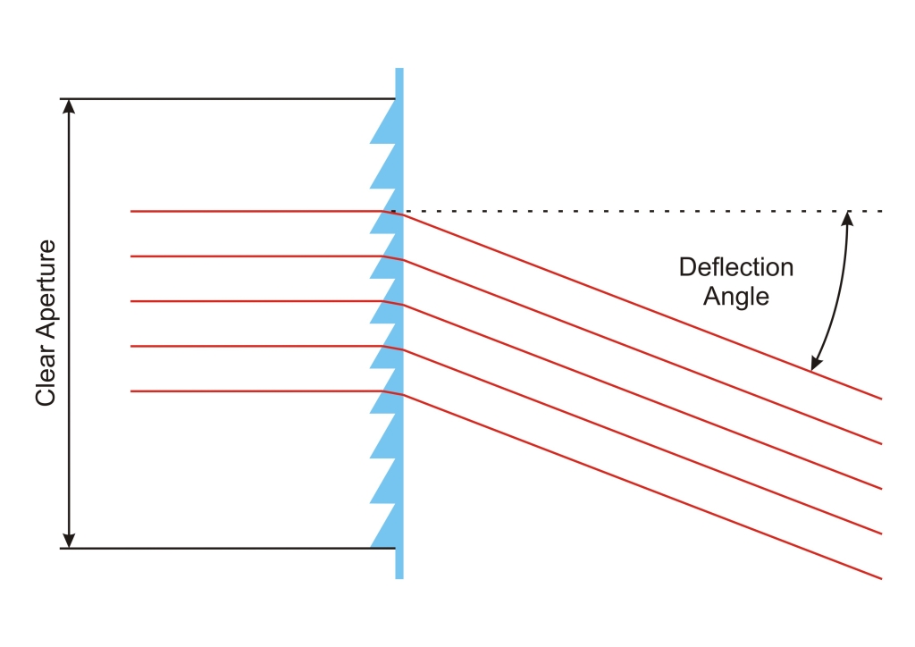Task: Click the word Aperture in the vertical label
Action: [x=46, y=295]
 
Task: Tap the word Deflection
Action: [x=735, y=266]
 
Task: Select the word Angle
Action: [x=735, y=296]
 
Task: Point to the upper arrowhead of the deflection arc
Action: [x=848, y=218]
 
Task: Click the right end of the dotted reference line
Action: [x=883, y=212]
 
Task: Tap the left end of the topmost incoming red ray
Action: [x=131, y=212]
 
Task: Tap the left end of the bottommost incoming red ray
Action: [x=131, y=391]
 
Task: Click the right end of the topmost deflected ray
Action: [x=881, y=398]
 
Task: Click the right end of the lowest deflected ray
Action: [x=881, y=578]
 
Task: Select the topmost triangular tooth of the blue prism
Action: [x=385, y=125]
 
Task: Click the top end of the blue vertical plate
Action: [x=399, y=70]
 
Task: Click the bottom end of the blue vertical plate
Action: [x=399, y=577]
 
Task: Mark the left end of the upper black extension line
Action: [x=62, y=98]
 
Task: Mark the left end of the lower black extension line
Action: [x=62, y=548]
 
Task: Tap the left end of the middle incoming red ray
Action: [x=131, y=301]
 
